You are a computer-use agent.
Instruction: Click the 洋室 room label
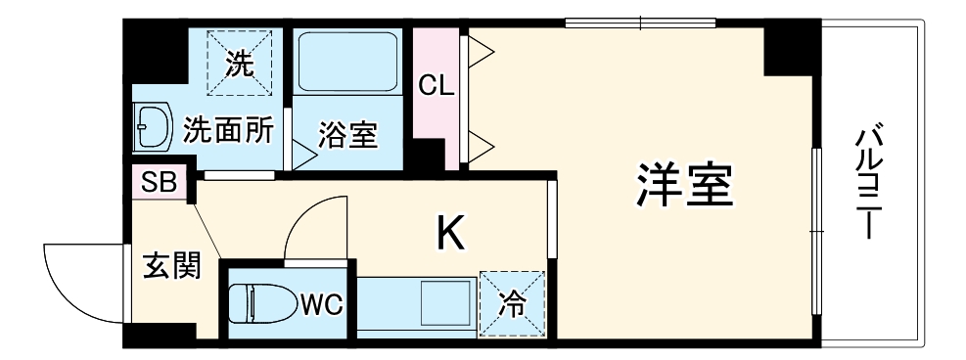[685, 185]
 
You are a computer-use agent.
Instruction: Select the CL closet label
[436, 85]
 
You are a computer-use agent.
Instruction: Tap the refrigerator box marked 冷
[511, 303]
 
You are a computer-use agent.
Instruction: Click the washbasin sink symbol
[151, 128]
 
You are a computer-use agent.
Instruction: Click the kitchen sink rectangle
[445, 304]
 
